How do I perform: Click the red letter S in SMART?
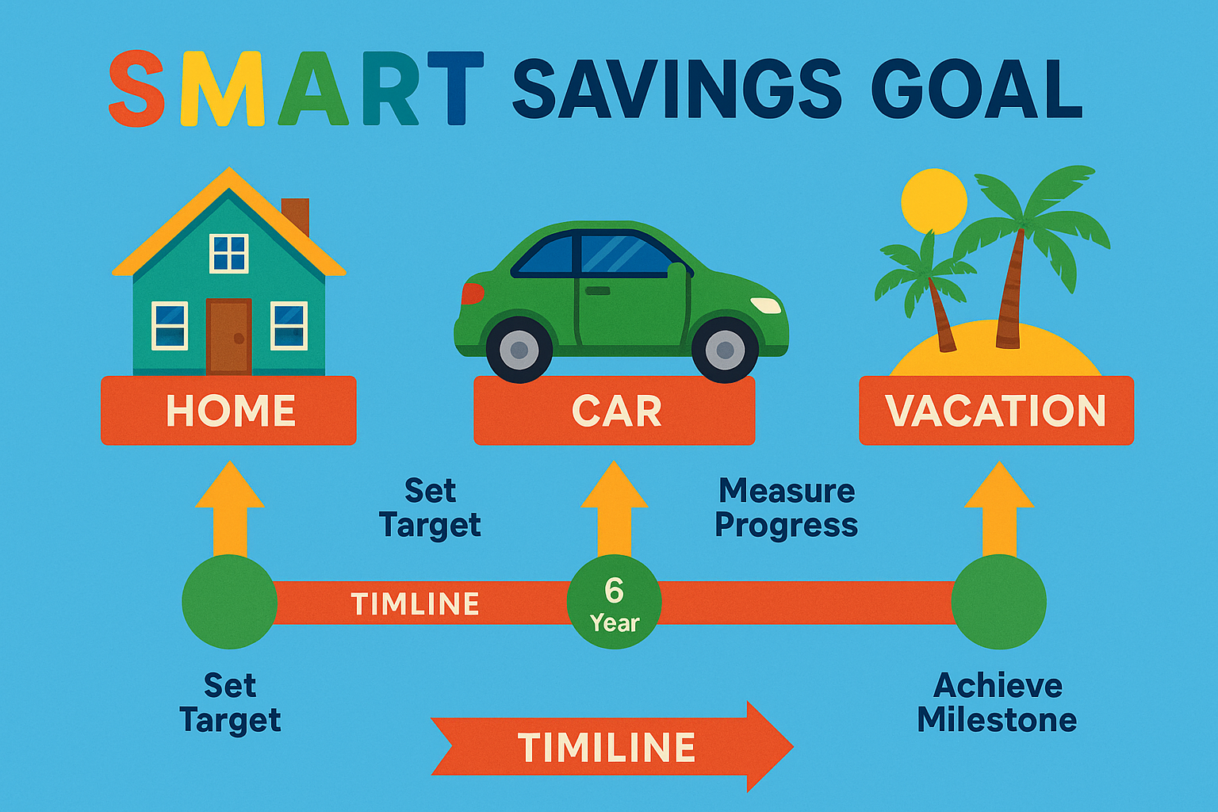click(136, 89)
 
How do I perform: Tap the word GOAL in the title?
click(976, 89)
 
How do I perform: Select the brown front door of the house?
click(229, 337)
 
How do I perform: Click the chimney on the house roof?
click(295, 216)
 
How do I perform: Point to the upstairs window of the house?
click(229, 253)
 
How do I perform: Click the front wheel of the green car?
click(725, 350)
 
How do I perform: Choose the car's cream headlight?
click(765, 305)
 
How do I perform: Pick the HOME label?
click(229, 411)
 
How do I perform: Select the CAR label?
click(615, 411)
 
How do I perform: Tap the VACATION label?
click(997, 411)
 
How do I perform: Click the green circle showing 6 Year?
click(615, 602)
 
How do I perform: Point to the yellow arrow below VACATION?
click(999, 509)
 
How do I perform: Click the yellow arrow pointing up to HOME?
click(230, 509)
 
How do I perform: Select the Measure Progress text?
click(787, 508)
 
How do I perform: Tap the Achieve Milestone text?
click(998, 703)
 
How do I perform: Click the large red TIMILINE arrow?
click(611, 746)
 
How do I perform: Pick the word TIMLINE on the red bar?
click(415, 603)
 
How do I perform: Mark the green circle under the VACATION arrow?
click(999, 602)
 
